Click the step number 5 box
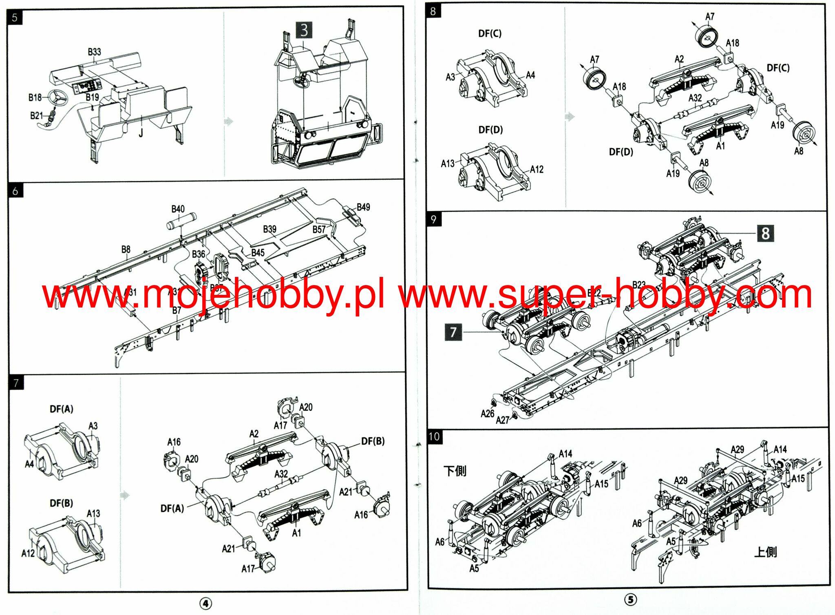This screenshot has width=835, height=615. pos(15,18)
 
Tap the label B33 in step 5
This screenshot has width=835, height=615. pos(94,52)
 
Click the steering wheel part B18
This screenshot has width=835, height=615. pos(57,98)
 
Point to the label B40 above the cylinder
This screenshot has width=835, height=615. pos(178,209)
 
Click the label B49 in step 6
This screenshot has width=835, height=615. pos(363,207)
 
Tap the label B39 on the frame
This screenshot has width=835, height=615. pos(269,229)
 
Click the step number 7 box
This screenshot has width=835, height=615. pos(16,383)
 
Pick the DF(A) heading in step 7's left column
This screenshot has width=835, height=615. pos(62,409)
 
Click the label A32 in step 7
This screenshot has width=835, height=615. pos(281,474)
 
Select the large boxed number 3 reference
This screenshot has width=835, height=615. pos(304,30)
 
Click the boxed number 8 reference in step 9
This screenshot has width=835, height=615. pos(765,233)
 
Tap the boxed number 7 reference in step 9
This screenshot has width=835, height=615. pos(453,332)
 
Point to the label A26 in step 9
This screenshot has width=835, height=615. pos(487,414)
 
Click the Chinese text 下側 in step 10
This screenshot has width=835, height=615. pos(455,471)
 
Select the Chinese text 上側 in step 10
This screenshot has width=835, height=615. pos(765,552)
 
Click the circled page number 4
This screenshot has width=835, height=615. pos(206,603)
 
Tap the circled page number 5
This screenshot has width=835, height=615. pos(630,600)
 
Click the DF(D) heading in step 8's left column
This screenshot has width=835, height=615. pos(490,130)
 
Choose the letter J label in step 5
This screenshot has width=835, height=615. pos(141,133)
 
